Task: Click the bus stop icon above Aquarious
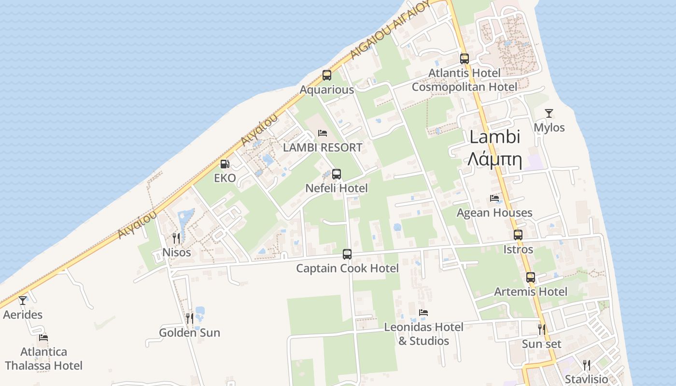pyautogui.click(x=327, y=75)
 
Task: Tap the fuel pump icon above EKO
pyautogui.click(x=225, y=164)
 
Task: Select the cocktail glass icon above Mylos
pyautogui.click(x=549, y=113)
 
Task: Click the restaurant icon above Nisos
pyautogui.click(x=176, y=238)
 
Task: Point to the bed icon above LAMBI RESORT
pyautogui.click(x=323, y=133)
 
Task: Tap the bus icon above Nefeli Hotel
pyautogui.click(x=337, y=174)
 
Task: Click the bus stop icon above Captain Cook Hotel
pyautogui.click(x=347, y=254)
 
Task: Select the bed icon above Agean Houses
pyautogui.click(x=494, y=198)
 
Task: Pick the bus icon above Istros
pyautogui.click(x=518, y=235)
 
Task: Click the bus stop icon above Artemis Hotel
pyautogui.click(x=531, y=277)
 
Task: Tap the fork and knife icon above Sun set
pyautogui.click(x=542, y=330)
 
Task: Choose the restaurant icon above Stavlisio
pyautogui.click(x=587, y=364)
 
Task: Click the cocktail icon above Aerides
pyautogui.click(x=23, y=301)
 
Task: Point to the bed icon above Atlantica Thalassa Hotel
pyautogui.click(x=43, y=338)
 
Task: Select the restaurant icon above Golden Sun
pyautogui.click(x=190, y=318)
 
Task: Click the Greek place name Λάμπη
pyautogui.click(x=495, y=159)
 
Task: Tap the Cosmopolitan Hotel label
pyautogui.click(x=464, y=87)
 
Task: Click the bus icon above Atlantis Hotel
pyautogui.click(x=465, y=59)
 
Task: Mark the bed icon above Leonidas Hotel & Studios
pyautogui.click(x=423, y=313)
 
